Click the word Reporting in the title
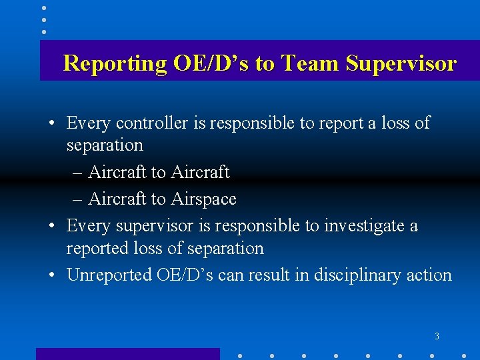pos(115,63)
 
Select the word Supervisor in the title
pos(402,63)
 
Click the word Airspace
pos(203,199)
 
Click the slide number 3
pos(437,337)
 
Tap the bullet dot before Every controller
pos(51,123)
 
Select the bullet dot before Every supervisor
pos(51,227)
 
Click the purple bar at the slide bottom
pos(127,354)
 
